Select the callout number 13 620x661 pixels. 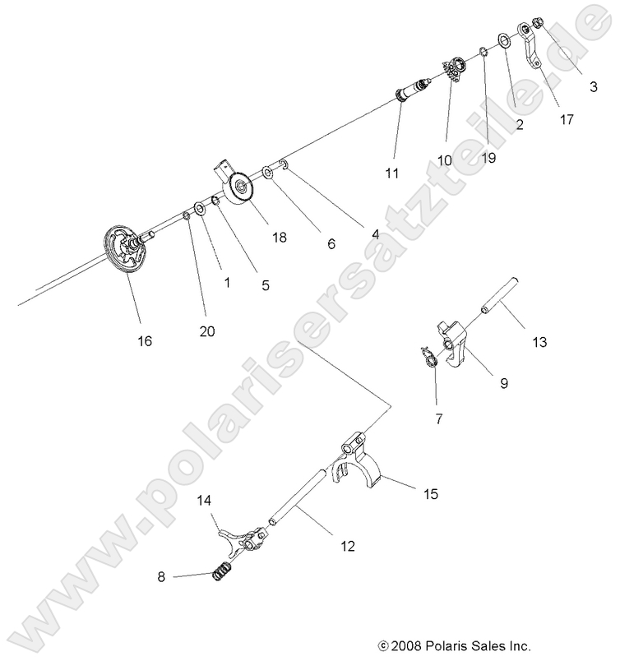pyautogui.click(x=539, y=340)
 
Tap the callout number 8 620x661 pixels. pyautogui.click(x=162, y=577)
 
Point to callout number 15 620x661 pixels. pyautogui.click(x=430, y=494)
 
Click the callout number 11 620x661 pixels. pyautogui.click(x=391, y=173)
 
